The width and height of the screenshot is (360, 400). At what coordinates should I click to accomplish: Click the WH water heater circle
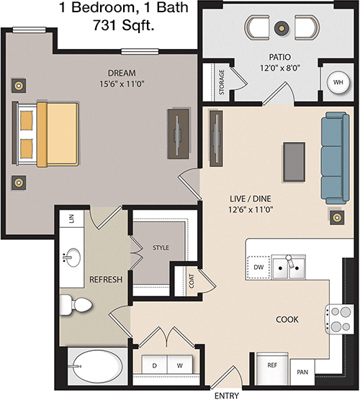338,82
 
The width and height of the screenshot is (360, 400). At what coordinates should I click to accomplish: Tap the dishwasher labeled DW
258,267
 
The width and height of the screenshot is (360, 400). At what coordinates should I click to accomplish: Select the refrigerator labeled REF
272,368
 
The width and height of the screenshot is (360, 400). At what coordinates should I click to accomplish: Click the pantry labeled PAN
302,372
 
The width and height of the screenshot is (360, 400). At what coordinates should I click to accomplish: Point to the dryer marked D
154,364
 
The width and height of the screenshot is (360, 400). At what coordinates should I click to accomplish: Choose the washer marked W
179,364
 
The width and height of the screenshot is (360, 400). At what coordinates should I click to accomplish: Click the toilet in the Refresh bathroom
75,303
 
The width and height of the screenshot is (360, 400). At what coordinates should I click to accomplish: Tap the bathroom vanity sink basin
72,257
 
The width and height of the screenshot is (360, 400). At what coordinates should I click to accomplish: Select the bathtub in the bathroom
97,366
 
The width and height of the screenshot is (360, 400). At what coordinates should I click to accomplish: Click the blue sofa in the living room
335,158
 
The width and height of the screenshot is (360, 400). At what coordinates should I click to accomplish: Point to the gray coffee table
294,162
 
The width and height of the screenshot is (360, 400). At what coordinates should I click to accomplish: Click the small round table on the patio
282,27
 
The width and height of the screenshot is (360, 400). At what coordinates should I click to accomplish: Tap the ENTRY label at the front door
227,396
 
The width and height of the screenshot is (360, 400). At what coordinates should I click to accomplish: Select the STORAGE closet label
222,82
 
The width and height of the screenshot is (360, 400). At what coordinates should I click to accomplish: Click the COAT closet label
192,281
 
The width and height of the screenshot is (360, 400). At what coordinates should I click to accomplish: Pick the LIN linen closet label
71,218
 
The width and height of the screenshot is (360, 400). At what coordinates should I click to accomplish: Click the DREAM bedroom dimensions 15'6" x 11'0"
122,84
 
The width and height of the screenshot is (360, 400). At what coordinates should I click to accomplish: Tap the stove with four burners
340,319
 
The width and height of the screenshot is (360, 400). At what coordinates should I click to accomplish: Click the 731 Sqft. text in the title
124,25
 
